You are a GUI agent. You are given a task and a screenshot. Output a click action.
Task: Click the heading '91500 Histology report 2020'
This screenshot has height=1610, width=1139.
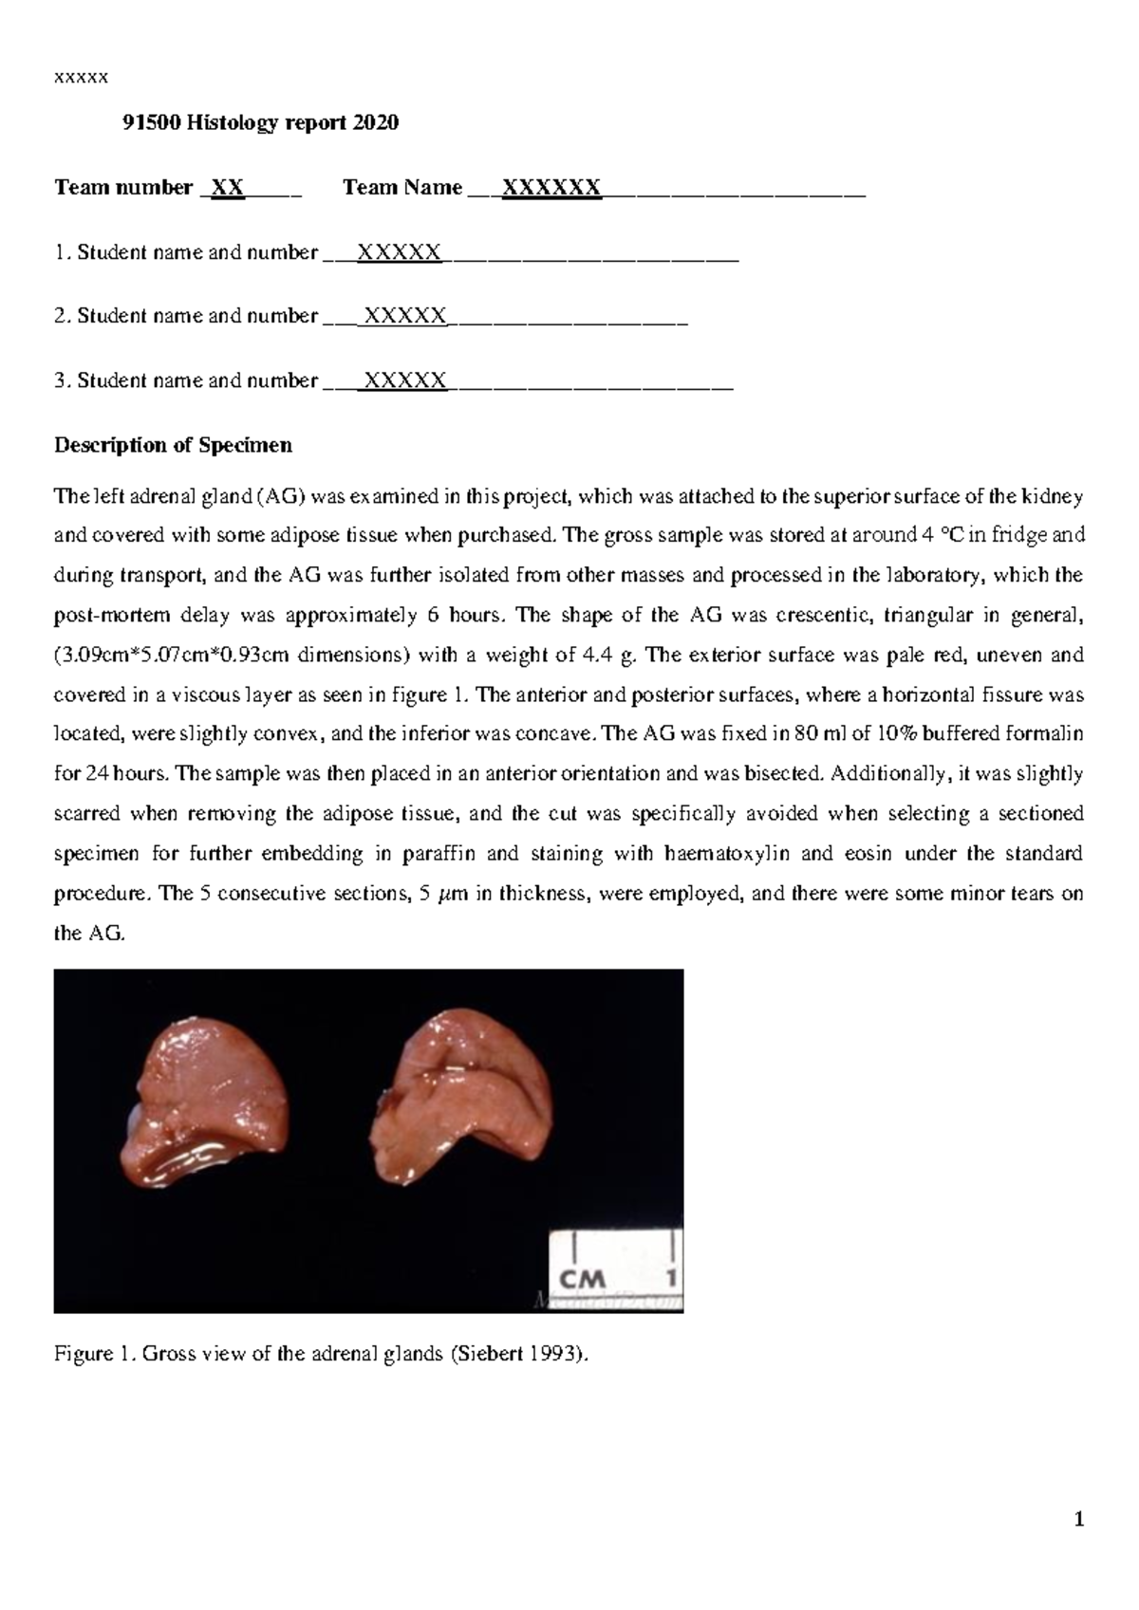[261, 122]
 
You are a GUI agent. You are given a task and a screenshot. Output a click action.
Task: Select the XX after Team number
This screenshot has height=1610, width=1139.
[227, 188]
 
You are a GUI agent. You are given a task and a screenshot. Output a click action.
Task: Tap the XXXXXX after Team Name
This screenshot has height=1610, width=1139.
[551, 188]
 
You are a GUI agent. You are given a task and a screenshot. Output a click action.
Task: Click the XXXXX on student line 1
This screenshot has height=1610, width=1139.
[399, 252]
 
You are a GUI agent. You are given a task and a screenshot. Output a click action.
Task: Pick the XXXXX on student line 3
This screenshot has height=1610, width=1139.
[405, 380]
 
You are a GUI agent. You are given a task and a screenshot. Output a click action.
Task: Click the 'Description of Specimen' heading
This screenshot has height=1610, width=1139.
[174, 445]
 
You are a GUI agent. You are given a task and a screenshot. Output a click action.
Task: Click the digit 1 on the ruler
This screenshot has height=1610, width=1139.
[670, 1278]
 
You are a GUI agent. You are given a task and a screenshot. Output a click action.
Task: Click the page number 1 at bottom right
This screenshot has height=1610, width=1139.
[1077, 1521]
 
